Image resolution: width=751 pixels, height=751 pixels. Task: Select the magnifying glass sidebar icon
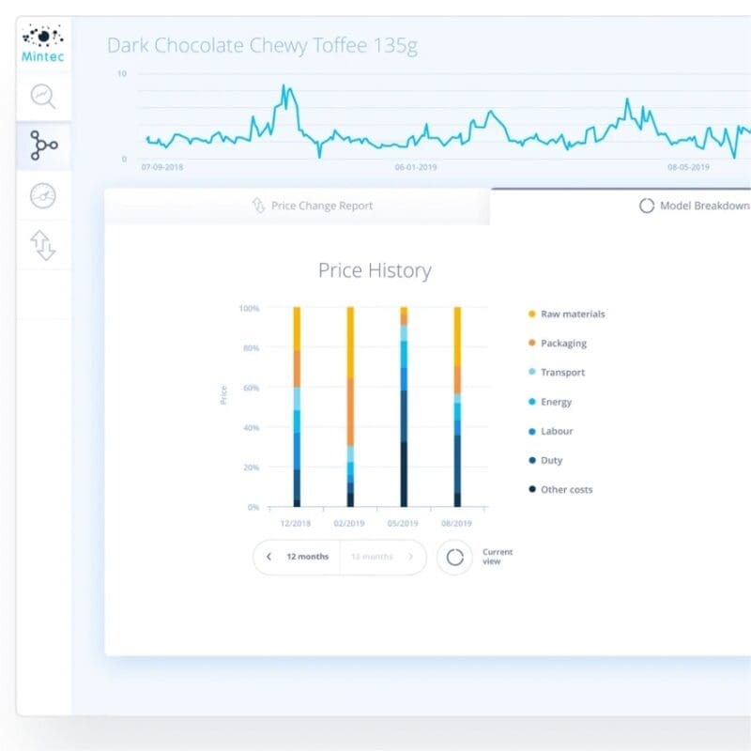tap(43, 96)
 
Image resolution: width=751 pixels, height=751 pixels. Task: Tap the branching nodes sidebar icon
tap(43, 146)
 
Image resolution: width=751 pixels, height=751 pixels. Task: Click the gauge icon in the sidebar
tap(43, 195)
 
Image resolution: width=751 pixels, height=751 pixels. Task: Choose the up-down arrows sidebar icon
tap(43, 245)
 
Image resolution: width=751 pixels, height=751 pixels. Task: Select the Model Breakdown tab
tap(694, 206)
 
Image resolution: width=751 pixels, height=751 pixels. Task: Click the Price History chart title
tap(375, 271)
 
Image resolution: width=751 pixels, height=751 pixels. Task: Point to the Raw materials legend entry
tap(572, 314)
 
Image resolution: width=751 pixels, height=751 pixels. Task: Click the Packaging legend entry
tap(562, 344)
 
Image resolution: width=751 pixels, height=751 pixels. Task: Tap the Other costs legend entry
tap(565, 489)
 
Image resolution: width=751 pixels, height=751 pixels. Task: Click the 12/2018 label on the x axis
tap(297, 523)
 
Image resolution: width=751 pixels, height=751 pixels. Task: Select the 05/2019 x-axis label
tap(404, 523)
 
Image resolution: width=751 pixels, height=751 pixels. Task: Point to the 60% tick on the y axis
tap(249, 388)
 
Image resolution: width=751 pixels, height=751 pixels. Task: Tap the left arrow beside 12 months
tap(269, 557)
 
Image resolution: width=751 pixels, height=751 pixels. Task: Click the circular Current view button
tap(455, 557)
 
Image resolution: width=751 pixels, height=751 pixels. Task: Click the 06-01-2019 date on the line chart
tap(415, 167)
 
